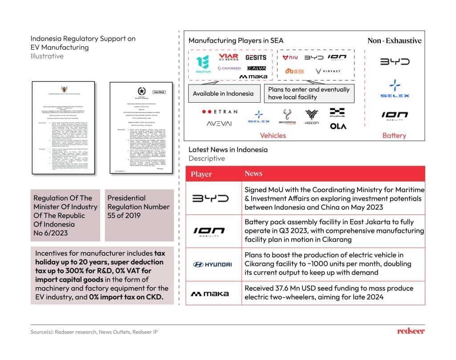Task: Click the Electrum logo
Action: click(203, 65)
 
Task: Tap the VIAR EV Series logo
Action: click(228, 57)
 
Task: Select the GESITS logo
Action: click(256, 57)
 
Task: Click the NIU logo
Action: click(290, 57)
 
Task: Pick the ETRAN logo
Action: click(220, 112)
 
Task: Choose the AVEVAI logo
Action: click(219, 124)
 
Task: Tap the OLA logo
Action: click(338, 126)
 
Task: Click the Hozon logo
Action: click(312, 117)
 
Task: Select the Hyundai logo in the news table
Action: click(212, 264)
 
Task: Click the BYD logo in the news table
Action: click(210, 198)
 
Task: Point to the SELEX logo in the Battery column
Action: click(395, 89)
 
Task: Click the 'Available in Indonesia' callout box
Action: click(223, 93)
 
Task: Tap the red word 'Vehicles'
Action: click(273, 136)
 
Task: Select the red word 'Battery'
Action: click(394, 136)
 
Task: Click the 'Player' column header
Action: click(201, 174)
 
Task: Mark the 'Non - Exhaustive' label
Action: click(394, 40)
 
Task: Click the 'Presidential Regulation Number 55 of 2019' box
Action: click(138, 207)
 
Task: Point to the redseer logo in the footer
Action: click(411, 331)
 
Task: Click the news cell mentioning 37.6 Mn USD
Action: click(329, 292)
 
